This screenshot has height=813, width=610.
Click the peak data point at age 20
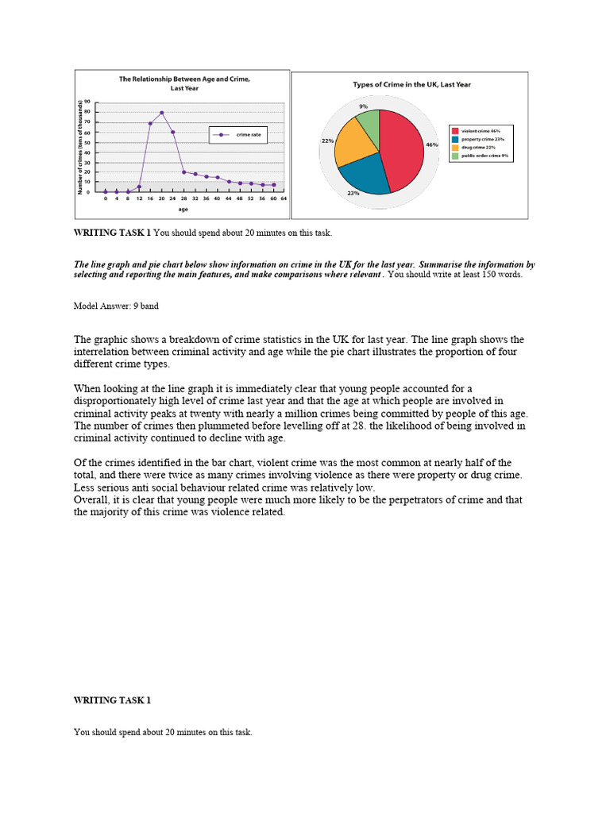pos(162,113)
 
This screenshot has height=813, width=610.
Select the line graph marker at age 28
pos(184,171)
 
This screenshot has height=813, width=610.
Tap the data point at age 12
pos(139,187)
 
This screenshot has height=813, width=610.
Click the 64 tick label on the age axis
pos(284,198)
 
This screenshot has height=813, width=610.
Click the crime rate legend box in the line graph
pos(237,136)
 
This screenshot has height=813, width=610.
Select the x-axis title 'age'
pos(183,210)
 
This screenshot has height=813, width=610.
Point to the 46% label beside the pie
pos(431,145)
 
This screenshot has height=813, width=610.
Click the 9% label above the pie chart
pos(363,106)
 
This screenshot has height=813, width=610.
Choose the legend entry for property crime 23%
pos(482,139)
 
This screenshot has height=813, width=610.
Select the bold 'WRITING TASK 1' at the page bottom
pos(112,700)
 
